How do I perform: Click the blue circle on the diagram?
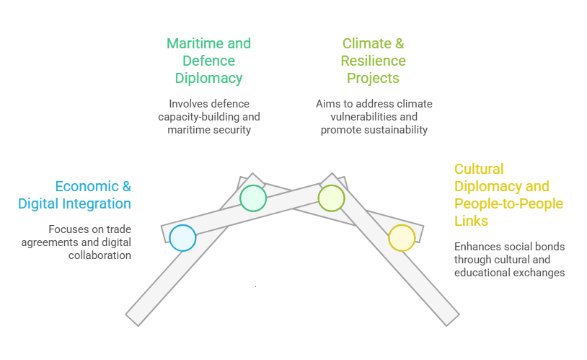point(183,237)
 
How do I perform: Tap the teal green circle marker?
point(253,198)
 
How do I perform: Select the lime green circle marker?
point(331,198)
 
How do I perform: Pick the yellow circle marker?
point(402,237)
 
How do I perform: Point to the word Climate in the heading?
point(362,43)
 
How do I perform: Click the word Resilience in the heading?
point(374,61)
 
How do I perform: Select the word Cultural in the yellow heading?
point(479,169)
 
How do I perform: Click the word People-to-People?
point(509,203)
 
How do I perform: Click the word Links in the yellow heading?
point(471,221)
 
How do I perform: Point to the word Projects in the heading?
point(373,78)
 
